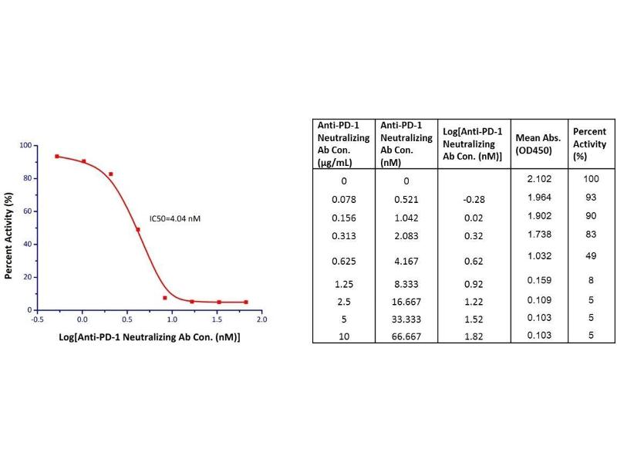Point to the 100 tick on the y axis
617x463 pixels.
click(25, 145)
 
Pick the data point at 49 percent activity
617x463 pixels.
click(137, 229)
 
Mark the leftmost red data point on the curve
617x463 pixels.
click(57, 156)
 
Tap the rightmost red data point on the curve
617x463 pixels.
click(246, 302)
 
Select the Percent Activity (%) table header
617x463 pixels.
click(589, 144)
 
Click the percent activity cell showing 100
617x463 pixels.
click(589, 180)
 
